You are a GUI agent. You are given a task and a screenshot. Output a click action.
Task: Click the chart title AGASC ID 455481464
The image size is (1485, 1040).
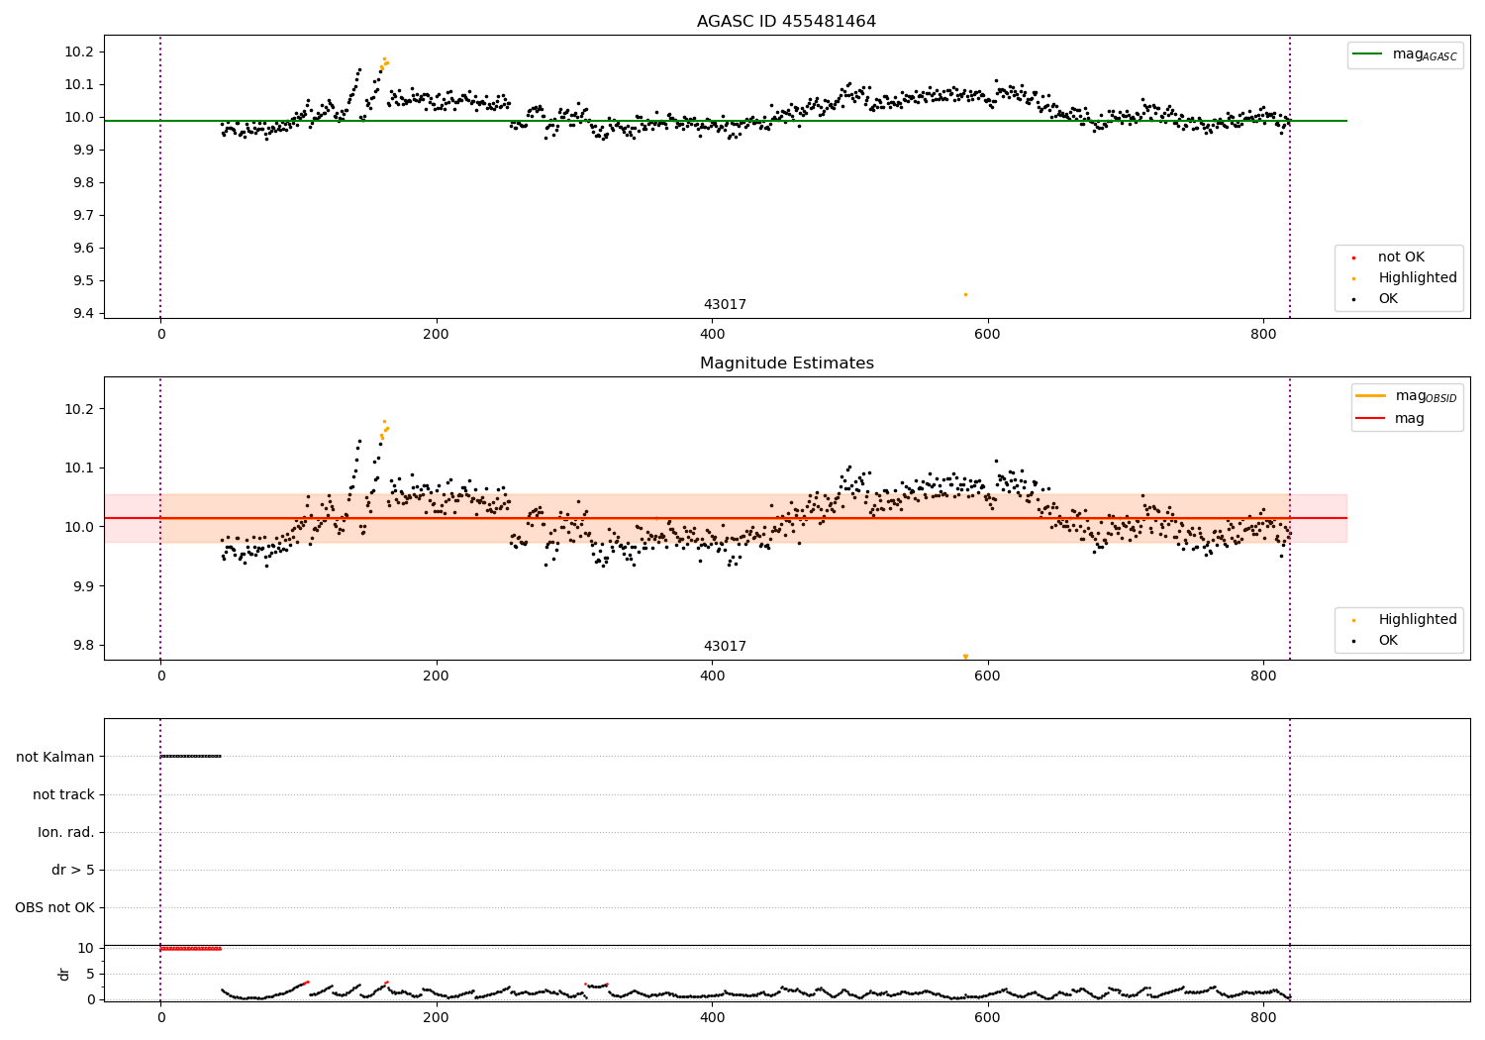(786, 21)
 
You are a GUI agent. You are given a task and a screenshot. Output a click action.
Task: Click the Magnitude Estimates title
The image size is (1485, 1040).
(787, 363)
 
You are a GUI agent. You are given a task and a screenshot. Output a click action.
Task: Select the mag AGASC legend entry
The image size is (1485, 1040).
(1405, 55)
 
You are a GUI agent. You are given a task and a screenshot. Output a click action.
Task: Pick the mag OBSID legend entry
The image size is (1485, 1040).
(1406, 396)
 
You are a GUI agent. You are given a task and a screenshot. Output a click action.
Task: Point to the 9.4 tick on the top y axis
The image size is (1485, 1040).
(84, 313)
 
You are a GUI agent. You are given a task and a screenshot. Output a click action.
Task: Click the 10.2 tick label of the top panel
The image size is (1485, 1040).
(79, 52)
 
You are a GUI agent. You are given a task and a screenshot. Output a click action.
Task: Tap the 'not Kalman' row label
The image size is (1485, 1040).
(55, 757)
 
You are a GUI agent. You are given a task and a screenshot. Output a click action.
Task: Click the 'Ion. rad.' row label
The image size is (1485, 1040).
(65, 832)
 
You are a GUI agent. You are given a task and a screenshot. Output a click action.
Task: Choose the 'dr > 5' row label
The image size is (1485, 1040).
(73, 870)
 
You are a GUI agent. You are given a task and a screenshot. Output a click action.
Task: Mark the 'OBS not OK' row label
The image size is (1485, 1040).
(54, 907)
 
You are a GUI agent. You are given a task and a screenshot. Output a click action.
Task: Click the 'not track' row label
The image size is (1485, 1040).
(63, 794)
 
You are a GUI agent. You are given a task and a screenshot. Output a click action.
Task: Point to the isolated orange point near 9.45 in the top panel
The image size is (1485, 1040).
(965, 294)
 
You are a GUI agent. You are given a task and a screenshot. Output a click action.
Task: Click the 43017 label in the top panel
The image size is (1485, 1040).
(725, 304)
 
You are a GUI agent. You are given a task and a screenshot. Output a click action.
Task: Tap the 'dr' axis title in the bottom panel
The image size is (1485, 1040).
(63, 974)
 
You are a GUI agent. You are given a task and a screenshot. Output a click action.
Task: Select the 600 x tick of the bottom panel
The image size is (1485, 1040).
(987, 1017)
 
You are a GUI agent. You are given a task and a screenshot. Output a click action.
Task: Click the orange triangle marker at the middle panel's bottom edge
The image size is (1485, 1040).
(965, 657)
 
